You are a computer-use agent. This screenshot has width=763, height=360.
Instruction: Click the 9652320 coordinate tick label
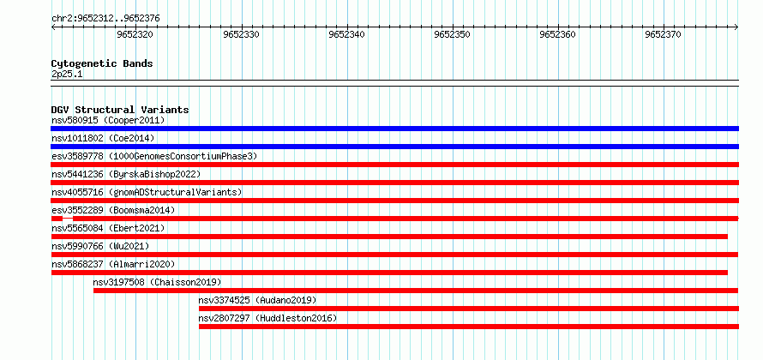135,35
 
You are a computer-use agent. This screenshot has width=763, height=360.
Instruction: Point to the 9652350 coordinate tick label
453,35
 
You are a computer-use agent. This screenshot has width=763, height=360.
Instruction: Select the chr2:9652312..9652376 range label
105,19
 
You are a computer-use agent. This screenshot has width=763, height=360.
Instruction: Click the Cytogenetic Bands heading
102,63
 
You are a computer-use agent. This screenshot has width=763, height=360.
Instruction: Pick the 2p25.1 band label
66,75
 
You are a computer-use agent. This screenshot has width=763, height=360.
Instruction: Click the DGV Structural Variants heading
120,110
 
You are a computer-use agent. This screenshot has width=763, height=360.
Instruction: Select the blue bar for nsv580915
394,129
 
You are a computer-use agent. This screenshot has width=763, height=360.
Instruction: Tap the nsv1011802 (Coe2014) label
103,138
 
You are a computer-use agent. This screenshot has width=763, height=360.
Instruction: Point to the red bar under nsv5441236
394,183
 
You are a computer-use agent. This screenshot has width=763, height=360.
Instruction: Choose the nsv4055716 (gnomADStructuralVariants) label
147,192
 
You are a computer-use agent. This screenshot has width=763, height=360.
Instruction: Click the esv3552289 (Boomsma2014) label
113,210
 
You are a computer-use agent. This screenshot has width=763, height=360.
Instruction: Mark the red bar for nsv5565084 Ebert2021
389,237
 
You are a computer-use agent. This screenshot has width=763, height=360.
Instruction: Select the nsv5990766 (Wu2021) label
100,246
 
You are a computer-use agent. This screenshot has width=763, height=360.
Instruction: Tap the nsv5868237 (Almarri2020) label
113,264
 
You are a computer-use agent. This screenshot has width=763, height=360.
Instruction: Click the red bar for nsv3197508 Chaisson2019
416,291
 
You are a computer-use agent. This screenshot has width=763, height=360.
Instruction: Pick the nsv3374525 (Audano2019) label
257,300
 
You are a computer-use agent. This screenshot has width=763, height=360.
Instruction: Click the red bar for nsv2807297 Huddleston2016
469,327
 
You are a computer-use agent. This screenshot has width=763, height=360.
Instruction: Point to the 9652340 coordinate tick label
346,35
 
